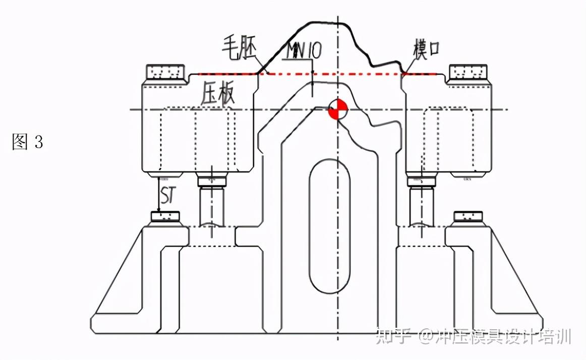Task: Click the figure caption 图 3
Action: pyautogui.click(x=28, y=142)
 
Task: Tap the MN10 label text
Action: pyautogui.click(x=304, y=50)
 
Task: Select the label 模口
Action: pyautogui.click(x=426, y=49)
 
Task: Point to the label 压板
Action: pyautogui.click(x=218, y=93)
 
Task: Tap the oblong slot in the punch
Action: pyautogui.click(x=330, y=226)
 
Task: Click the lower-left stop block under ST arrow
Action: pyautogui.click(x=165, y=217)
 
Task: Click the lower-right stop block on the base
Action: pyautogui.click(x=468, y=217)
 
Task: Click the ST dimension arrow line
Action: pyautogui.click(x=159, y=194)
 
